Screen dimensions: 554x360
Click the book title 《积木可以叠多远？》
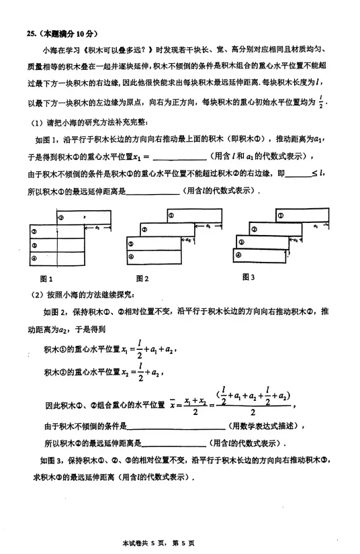click(109, 50)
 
